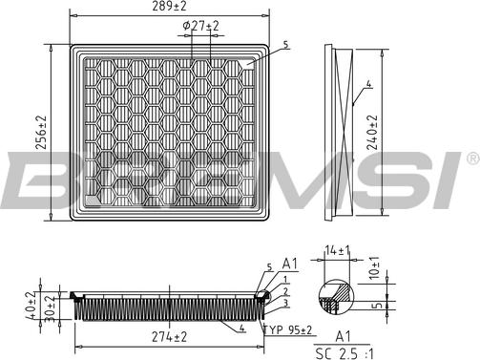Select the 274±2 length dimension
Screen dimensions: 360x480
pos(168,337)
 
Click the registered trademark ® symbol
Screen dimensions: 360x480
pos(471,157)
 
